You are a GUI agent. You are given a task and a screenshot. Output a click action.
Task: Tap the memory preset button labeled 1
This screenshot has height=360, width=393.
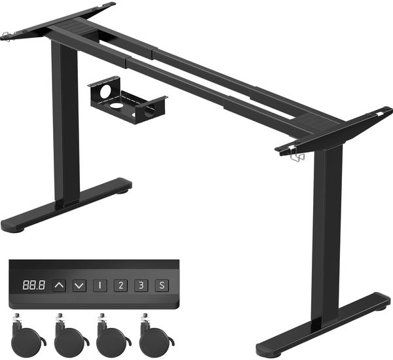coord(100,285)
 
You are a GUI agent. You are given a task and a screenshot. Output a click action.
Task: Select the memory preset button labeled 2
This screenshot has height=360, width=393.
coord(121,285)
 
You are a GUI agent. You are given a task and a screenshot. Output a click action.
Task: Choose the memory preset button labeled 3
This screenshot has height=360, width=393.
coord(141,285)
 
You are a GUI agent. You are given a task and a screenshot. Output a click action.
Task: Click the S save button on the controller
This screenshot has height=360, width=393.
coord(162,285)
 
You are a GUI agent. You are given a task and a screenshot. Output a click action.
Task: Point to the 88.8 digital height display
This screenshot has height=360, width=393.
coord(34,285)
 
